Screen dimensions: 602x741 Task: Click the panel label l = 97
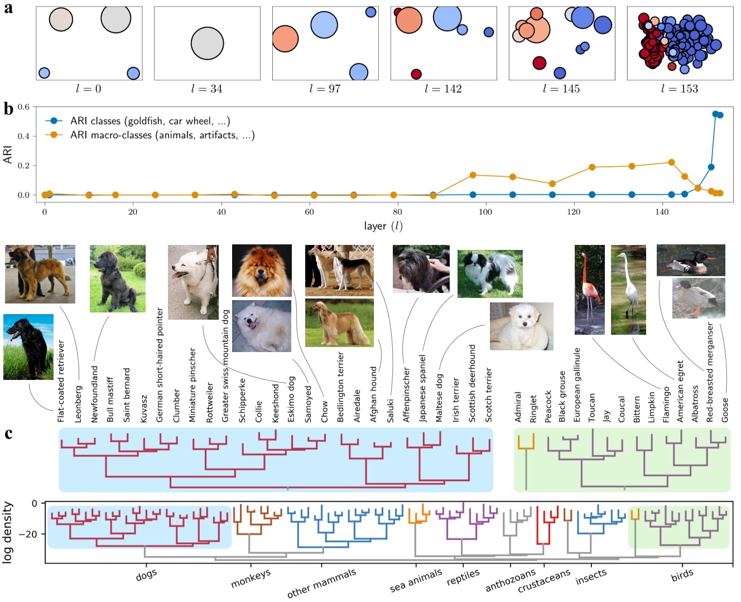coord(325,89)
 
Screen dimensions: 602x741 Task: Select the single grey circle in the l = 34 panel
coord(207,44)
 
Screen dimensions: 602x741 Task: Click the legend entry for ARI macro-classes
coord(162,135)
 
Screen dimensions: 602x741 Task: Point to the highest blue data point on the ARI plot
coord(715,114)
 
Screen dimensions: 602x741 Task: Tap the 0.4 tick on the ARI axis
coord(23,136)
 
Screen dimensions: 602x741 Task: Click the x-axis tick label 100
coord(485,212)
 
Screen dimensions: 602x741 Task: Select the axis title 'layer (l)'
coord(383,226)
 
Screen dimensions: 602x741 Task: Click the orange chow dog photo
coord(262,271)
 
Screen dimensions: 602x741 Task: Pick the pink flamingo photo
coord(589,289)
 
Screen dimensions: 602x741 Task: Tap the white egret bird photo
coord(628,289)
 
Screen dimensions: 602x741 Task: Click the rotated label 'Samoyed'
coord(308,404)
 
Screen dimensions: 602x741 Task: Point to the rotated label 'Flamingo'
coord(665,404)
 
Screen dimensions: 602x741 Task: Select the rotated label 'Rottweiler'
coord(210,402)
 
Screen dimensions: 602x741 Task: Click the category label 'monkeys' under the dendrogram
coord(251,579)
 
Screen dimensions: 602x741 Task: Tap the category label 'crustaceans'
coord(544,581)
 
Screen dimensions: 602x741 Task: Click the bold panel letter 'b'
coord(8,109)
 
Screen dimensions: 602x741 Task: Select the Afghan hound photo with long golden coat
coord(339,322)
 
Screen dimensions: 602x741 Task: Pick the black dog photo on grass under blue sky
coord(28,346)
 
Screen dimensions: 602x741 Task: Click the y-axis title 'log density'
coord(8,532)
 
